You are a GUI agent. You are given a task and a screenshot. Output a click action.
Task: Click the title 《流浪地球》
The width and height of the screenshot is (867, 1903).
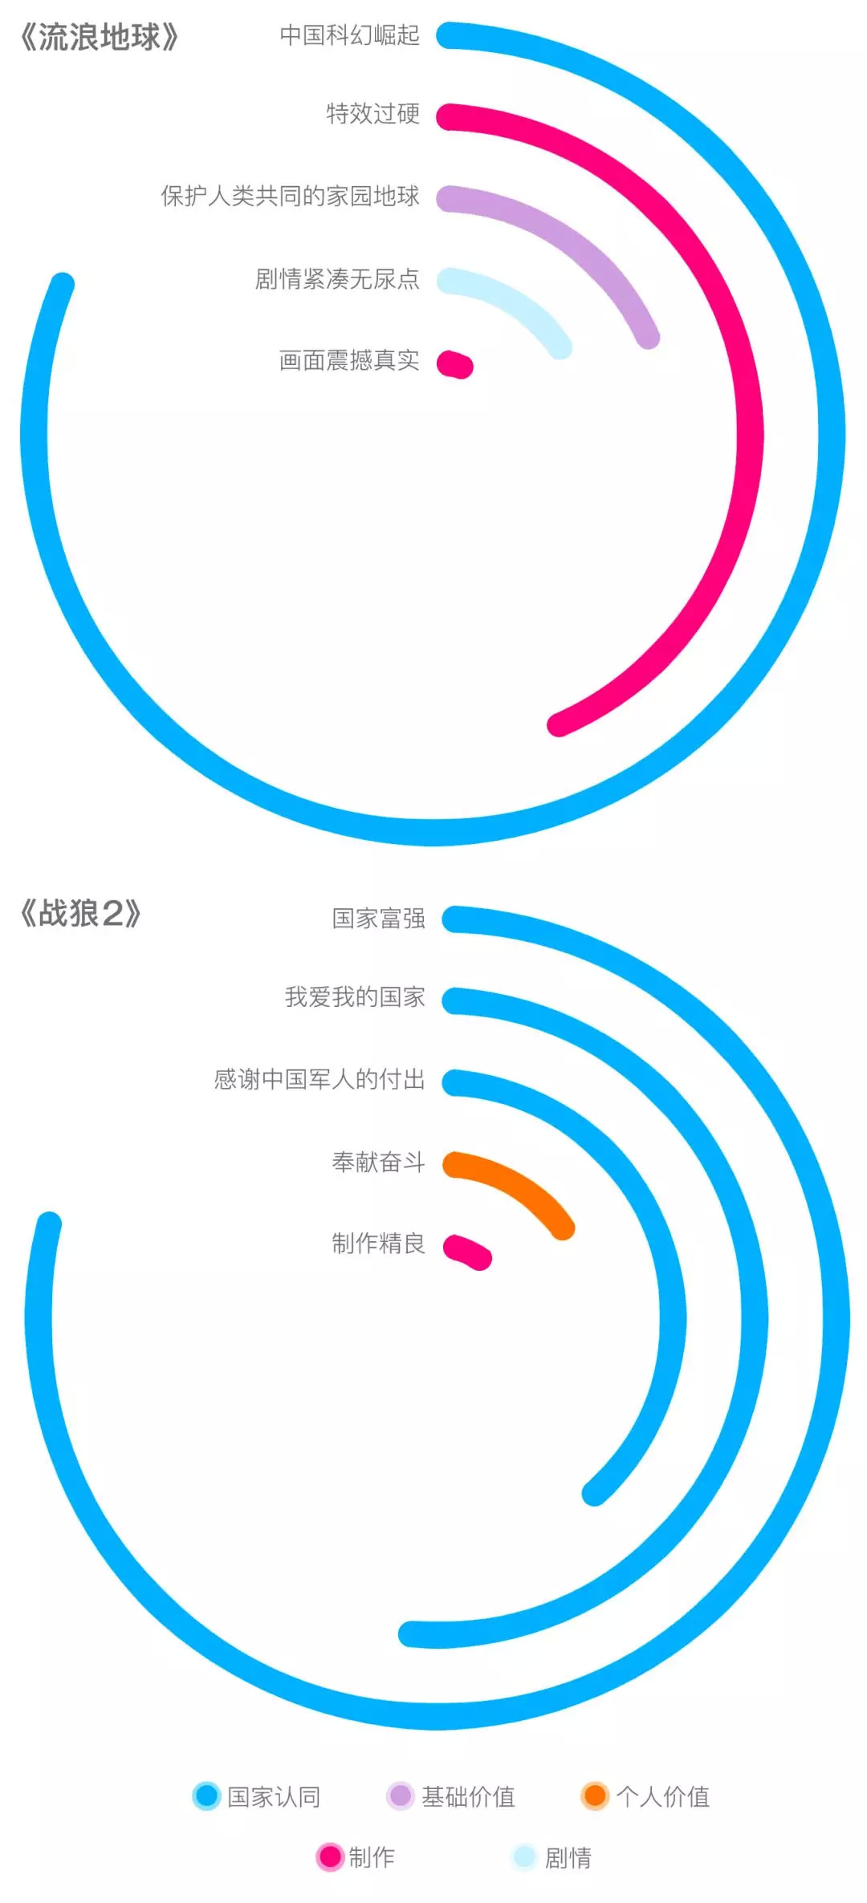point(98,38)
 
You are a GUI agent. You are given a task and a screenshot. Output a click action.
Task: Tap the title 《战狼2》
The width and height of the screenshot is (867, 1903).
point(80,914)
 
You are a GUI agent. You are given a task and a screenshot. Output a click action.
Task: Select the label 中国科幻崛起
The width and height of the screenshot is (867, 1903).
point(349,35)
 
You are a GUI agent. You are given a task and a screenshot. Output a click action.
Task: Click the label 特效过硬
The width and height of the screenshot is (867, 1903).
point(372,114)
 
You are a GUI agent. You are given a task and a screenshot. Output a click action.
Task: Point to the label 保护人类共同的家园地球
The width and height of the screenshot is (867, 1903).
point(290,196)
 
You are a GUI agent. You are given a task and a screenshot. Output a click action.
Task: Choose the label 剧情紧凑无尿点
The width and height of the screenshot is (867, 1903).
point(337,278)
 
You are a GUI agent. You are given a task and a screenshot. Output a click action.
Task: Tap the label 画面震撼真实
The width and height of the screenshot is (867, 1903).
point(349,360)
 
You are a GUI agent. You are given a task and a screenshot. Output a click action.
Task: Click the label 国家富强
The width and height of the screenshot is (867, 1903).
point(378,918)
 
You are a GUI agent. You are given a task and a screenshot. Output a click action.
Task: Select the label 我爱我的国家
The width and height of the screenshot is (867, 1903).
point(355,996)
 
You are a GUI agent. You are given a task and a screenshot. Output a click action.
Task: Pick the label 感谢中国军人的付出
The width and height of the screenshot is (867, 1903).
point(320,1079)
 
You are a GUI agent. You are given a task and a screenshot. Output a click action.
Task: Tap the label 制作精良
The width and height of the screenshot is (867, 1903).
point(378,1243)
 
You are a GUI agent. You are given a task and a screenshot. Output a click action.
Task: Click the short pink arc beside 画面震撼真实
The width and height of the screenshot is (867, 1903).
point(455,364)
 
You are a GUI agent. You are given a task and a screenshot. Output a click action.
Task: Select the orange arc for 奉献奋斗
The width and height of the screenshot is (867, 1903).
point(514,1185)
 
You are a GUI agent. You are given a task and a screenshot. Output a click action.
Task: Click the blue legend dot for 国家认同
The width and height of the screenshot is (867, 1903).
point(206,1796)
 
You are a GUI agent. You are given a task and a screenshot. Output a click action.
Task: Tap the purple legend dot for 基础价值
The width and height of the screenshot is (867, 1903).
point(400,1796)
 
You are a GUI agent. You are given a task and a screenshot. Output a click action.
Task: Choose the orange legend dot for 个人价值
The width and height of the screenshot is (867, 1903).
point(595,1796)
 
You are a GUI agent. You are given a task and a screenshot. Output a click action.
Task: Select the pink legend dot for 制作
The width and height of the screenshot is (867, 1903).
point(329,1856)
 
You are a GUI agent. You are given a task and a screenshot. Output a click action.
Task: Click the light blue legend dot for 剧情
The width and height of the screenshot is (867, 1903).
point(523,1856)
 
